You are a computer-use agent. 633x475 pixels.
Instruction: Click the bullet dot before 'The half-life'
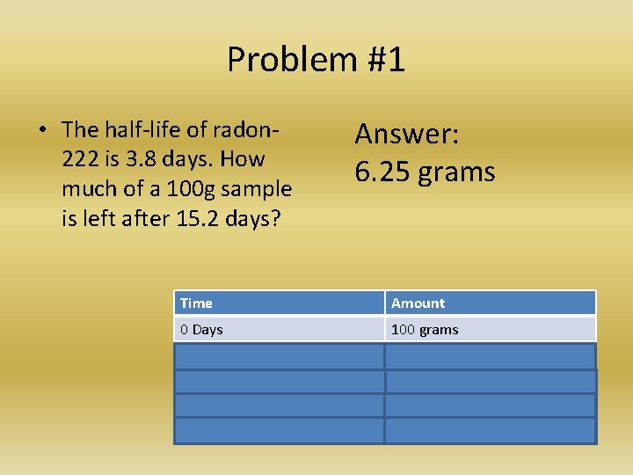click(41, 130)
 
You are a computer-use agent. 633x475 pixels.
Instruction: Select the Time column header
click(196, 303)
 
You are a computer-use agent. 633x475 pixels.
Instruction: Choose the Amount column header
click(418, 303)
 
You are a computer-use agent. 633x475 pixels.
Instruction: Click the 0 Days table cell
click(201, 330)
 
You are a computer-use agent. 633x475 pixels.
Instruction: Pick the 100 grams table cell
click(425, 330)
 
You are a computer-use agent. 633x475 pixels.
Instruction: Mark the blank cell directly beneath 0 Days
click(279, 356)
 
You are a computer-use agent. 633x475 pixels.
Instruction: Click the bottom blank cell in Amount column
click(490, 430)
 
